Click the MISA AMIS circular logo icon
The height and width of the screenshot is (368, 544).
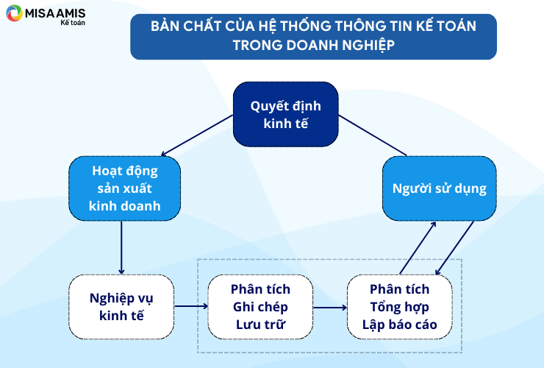coord(14,13)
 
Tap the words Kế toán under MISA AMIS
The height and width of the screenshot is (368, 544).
coord(73,23)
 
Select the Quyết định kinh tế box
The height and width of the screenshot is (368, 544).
coord(285,114)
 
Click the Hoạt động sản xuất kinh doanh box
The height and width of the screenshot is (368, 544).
coord(124,188)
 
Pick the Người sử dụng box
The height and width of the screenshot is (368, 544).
coord(439,188)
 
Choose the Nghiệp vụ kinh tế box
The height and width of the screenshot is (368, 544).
coord(121,307)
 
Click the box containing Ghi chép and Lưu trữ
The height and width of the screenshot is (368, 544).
coord(260,307)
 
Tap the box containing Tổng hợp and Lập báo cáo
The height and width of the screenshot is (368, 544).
coord(400,307)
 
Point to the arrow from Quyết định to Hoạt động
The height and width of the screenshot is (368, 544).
coord(197,135)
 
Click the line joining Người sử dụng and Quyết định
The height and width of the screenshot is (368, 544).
coord(373,135)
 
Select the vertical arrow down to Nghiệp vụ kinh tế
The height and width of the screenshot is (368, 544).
coord(121,248)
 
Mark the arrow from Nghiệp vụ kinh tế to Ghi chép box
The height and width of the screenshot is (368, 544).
coord(191,306)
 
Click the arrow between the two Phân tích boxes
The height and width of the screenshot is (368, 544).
coord(330,307)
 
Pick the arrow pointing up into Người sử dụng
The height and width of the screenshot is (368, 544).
coord(418,248)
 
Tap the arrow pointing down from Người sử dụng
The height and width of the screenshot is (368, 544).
coord(454,248)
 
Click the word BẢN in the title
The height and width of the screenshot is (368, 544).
coord(165,26)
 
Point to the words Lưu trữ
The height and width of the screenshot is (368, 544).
coord(260,325)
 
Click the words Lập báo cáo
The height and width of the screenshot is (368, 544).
coord(400,325)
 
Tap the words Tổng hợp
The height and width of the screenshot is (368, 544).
coord(400,307)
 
